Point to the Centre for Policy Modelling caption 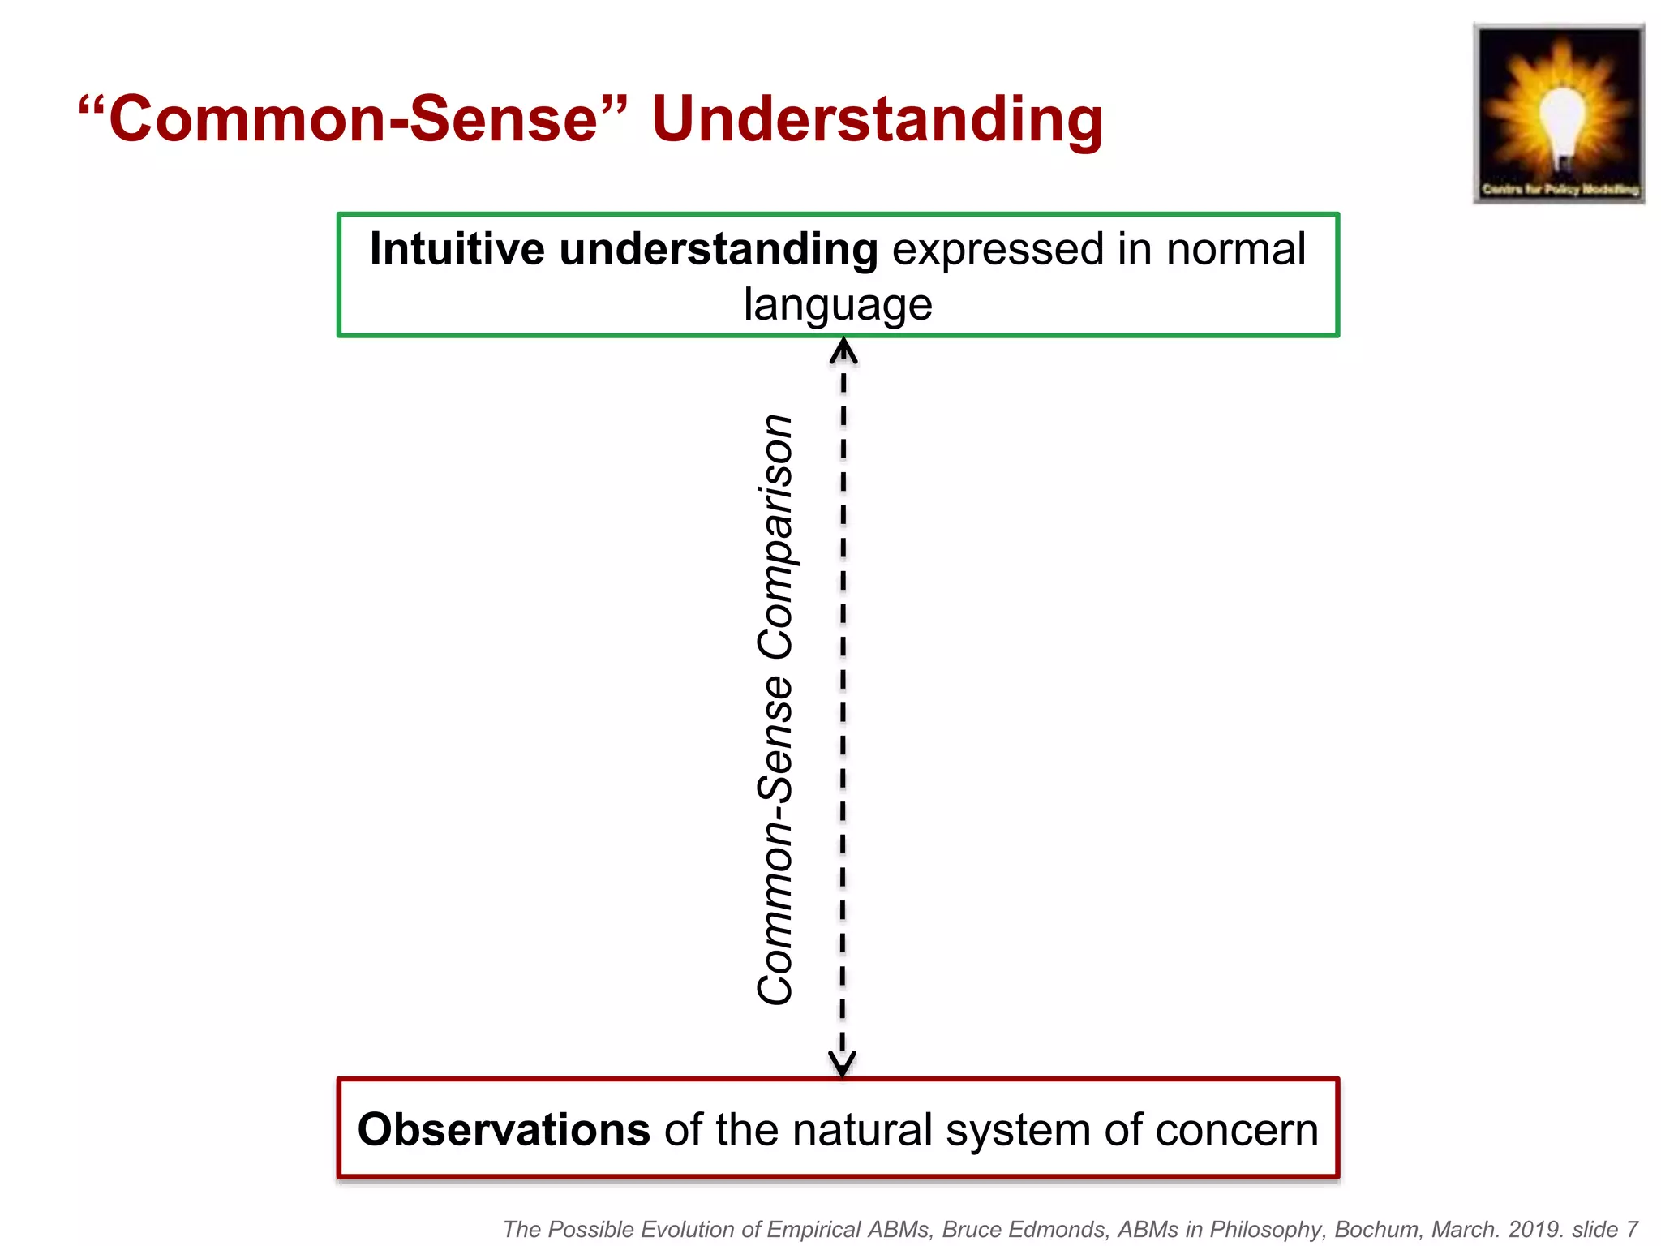[x=1560, y=189]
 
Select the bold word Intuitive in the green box [x=457, y=249]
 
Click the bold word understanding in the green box [x=719, y=251]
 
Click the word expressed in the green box [x=998, y=251]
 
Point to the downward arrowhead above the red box [x=842, y=1061]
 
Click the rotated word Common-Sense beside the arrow [x=775, y=840]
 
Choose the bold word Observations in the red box [x=504, y=1129]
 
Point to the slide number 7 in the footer [x=1631, y=1229]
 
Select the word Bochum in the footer [x=1378, y=1229]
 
